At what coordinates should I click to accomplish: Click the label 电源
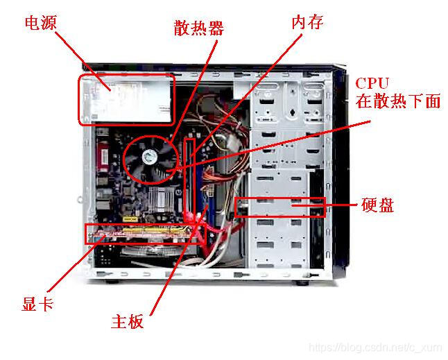click(x=41, y=23)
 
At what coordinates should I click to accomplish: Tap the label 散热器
click(x=199, y=28)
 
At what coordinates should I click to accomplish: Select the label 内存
click(x=307, y=22)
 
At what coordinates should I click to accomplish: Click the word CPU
click(x=372, y=83)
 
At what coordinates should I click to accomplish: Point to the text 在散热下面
click(x=397, y=101)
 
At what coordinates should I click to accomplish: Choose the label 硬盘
click(x=378, y=205)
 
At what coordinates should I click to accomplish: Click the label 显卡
click(x=37, y=303)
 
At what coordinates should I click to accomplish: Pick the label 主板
click(x=127, y=321)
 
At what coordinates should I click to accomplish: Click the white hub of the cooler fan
click(x=150, y=157)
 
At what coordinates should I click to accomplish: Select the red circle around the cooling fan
click(x=123, y=160)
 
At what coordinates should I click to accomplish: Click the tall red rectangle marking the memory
click(x=186, y=180)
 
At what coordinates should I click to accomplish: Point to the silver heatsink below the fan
click(x=161, y=199)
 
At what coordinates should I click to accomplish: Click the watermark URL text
click(x=376, y=348)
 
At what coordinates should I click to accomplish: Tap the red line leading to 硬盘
click(x=325, y=205)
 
